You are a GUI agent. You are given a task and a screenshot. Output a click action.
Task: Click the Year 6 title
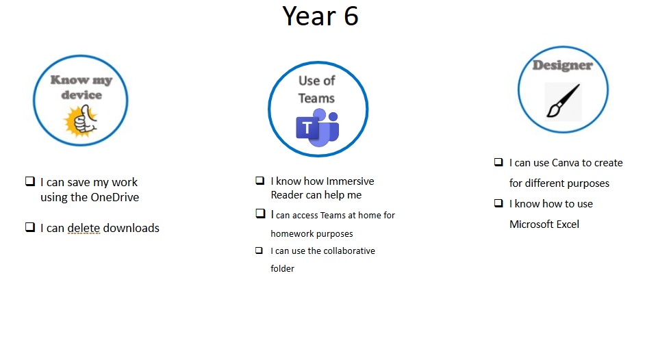click(320, 16)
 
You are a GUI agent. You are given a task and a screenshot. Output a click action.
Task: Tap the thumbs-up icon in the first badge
click(81, 121)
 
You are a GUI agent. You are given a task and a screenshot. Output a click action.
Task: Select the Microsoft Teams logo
click(318, 127)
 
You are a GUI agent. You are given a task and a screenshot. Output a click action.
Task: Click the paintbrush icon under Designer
click(563, 101)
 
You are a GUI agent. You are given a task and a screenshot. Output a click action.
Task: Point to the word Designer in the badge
click(563, 65)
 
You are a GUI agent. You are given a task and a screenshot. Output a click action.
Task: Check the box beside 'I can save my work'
click(30, 181)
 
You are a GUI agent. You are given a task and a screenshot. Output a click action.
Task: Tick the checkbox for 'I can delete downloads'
click(30, 227)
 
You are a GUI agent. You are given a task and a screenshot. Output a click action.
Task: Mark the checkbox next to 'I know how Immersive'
click(260, 181)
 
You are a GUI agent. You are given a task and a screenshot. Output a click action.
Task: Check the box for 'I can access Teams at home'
click(260, 214)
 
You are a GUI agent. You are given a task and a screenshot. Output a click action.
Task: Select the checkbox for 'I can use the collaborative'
click(260, 250)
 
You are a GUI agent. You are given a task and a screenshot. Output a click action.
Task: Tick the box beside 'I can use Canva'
click(498, 162)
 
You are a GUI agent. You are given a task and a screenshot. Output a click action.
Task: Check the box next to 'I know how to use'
click(498, 203)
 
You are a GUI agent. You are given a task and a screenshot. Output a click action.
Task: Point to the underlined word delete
click(84, 229)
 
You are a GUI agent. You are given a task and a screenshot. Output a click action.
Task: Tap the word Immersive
click(350, 181)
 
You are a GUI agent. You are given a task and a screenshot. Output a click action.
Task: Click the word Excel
click(568, 224)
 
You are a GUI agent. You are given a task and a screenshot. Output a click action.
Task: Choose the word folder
click(282, 268)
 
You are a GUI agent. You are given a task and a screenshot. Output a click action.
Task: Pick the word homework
click(289, 233)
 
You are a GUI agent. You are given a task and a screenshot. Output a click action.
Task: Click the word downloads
click(131, 229)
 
